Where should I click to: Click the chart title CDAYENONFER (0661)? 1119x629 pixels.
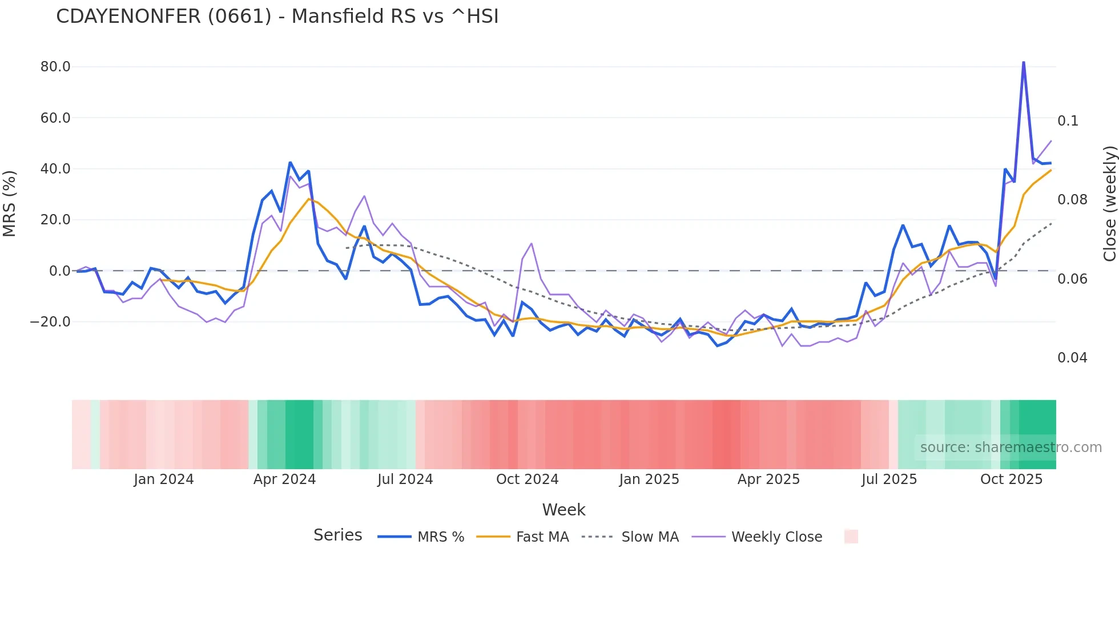pyautogui.click(x=277, y=17)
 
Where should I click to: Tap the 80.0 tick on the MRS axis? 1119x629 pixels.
pyautogui.click(x=55, y=67)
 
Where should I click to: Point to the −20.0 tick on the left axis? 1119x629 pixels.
pyautogui.click(x=50, y=322)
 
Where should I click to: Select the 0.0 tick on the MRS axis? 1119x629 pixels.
pyautogui.click(x=59, y=271)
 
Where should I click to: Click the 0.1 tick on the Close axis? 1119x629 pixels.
pyautogui.click(x=1068, y=121)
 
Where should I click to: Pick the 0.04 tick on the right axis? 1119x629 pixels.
pyautogui.click(x=1072, y=358)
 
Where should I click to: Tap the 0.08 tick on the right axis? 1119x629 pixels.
pyautogui.click(x=1072, y=200)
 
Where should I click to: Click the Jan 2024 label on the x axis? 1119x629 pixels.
pyautogui.click(x=164, y=479)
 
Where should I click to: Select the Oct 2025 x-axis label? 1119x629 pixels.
pyautogui.click(x=1011, y=479)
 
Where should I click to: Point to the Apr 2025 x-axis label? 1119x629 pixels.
pyautogui.click(x=768, y=479)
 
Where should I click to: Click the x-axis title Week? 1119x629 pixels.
pyautogui.click(x=563, y=510)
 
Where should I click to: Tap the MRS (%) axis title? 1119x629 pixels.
pyautogui.click(x=10, y=203)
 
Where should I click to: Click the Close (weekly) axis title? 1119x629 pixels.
pyautogui.click(x=1109, y=203)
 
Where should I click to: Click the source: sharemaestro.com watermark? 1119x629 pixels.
pyautogui.click(x=1011, y=447)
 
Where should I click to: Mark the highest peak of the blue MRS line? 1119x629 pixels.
pyautogui.click(x=1024, y=62)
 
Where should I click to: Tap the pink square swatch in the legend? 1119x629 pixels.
pyautogui.click(x=851, y=537)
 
